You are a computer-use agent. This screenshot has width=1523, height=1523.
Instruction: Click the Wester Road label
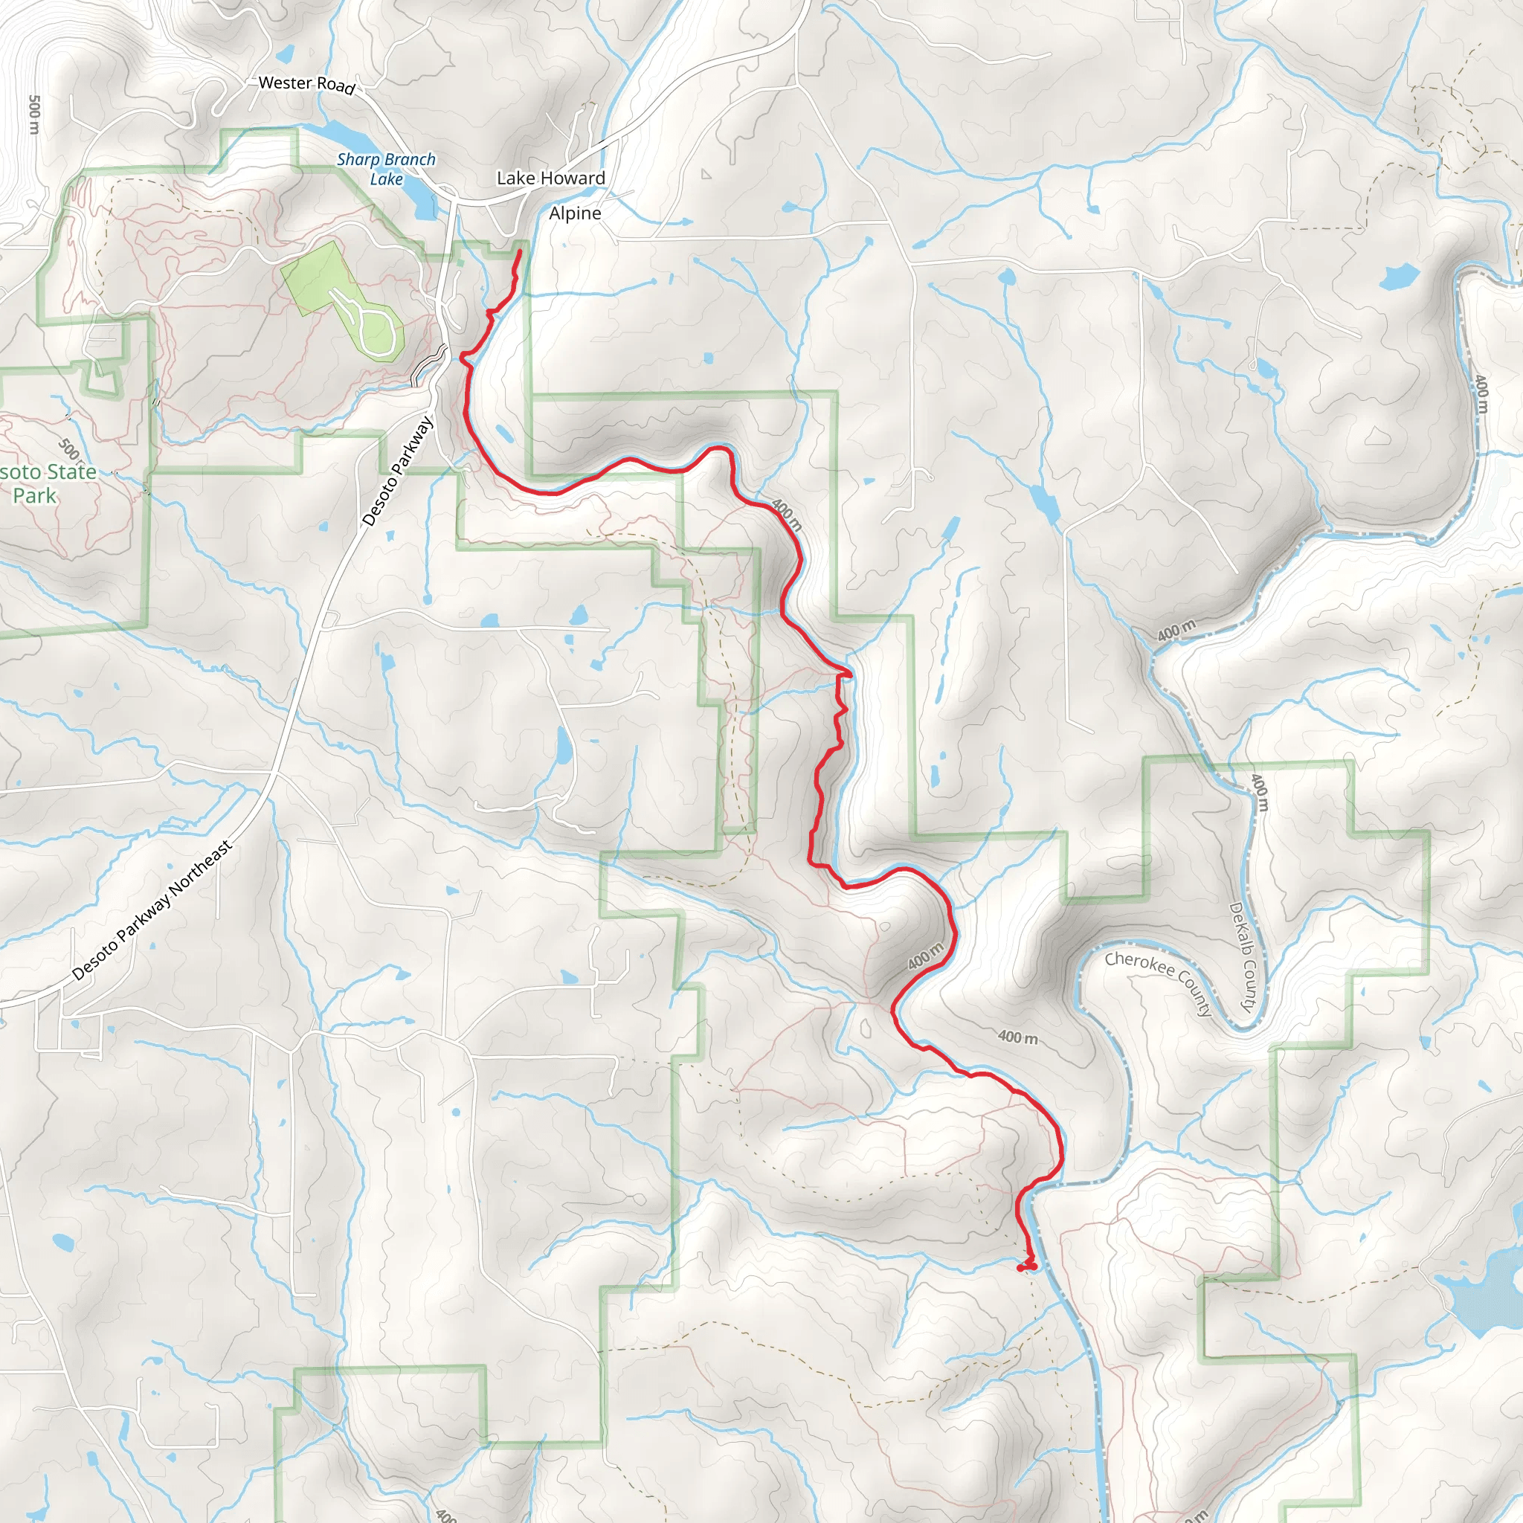coord(306,83)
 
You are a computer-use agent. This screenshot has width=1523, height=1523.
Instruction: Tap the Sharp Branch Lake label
coord(386,169)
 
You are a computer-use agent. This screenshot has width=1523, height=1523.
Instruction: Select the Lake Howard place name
coord(551,178)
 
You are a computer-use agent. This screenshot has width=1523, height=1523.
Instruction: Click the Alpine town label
coord(575,213)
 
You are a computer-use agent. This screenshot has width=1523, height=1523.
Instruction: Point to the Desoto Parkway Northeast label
coord(153,910)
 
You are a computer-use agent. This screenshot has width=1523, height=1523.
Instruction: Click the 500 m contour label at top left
coord(34,115)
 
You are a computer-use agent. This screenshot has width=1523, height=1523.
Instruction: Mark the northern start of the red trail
coord(520,251)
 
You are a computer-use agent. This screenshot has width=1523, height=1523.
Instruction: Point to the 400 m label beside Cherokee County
coord(1017,1037)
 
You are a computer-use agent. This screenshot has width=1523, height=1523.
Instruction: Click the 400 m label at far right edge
coord(1482,394)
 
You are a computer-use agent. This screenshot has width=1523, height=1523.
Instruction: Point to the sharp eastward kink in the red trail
coord(849,674)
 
